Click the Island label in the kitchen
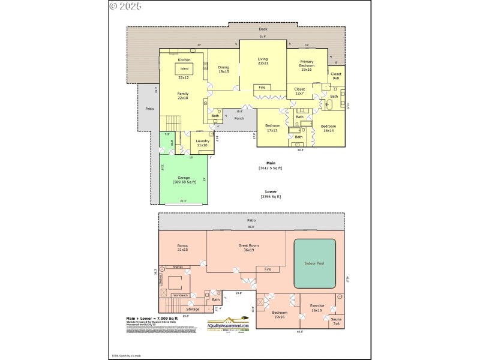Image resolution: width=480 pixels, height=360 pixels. click(183, 68)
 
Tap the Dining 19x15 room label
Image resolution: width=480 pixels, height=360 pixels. click(223, 70)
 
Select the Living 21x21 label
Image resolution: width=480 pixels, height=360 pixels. click(262, 61)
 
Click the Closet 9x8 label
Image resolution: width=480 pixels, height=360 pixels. click(336, 76)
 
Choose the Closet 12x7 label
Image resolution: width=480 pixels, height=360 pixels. click(299, 91)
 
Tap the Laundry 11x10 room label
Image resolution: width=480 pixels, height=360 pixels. click(202, 143)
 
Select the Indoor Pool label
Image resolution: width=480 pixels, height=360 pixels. click(314, 263)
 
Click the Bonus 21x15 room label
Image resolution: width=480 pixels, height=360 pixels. click(183, 247)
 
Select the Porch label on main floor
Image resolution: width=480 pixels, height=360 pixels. click(239, 118)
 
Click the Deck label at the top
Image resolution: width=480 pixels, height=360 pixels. click(263, 29)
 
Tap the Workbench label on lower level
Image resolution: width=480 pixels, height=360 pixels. click(181, 296)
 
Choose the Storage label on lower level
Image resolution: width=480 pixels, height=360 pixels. click(193, 309)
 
